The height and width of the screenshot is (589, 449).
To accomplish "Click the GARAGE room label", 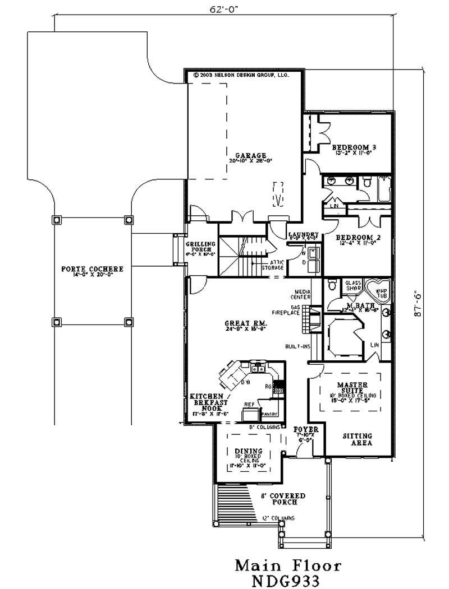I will tap(250, 156).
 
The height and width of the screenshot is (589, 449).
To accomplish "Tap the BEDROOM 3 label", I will tap(354, 147).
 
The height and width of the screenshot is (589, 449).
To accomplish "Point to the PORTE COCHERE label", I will tap(92, 269).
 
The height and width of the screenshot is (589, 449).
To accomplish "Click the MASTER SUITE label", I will tap(352, 388).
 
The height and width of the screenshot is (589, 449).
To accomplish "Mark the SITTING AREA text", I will tap(358, 439).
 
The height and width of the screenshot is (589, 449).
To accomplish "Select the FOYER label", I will tap(306, 430).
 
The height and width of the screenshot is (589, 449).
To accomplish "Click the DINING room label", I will tap(249, 451).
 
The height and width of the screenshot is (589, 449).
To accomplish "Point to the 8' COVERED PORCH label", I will tap(283, 499).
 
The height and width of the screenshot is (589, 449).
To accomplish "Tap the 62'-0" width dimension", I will tap(223, 9).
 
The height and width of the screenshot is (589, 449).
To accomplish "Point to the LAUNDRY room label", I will tap(303, 234).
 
